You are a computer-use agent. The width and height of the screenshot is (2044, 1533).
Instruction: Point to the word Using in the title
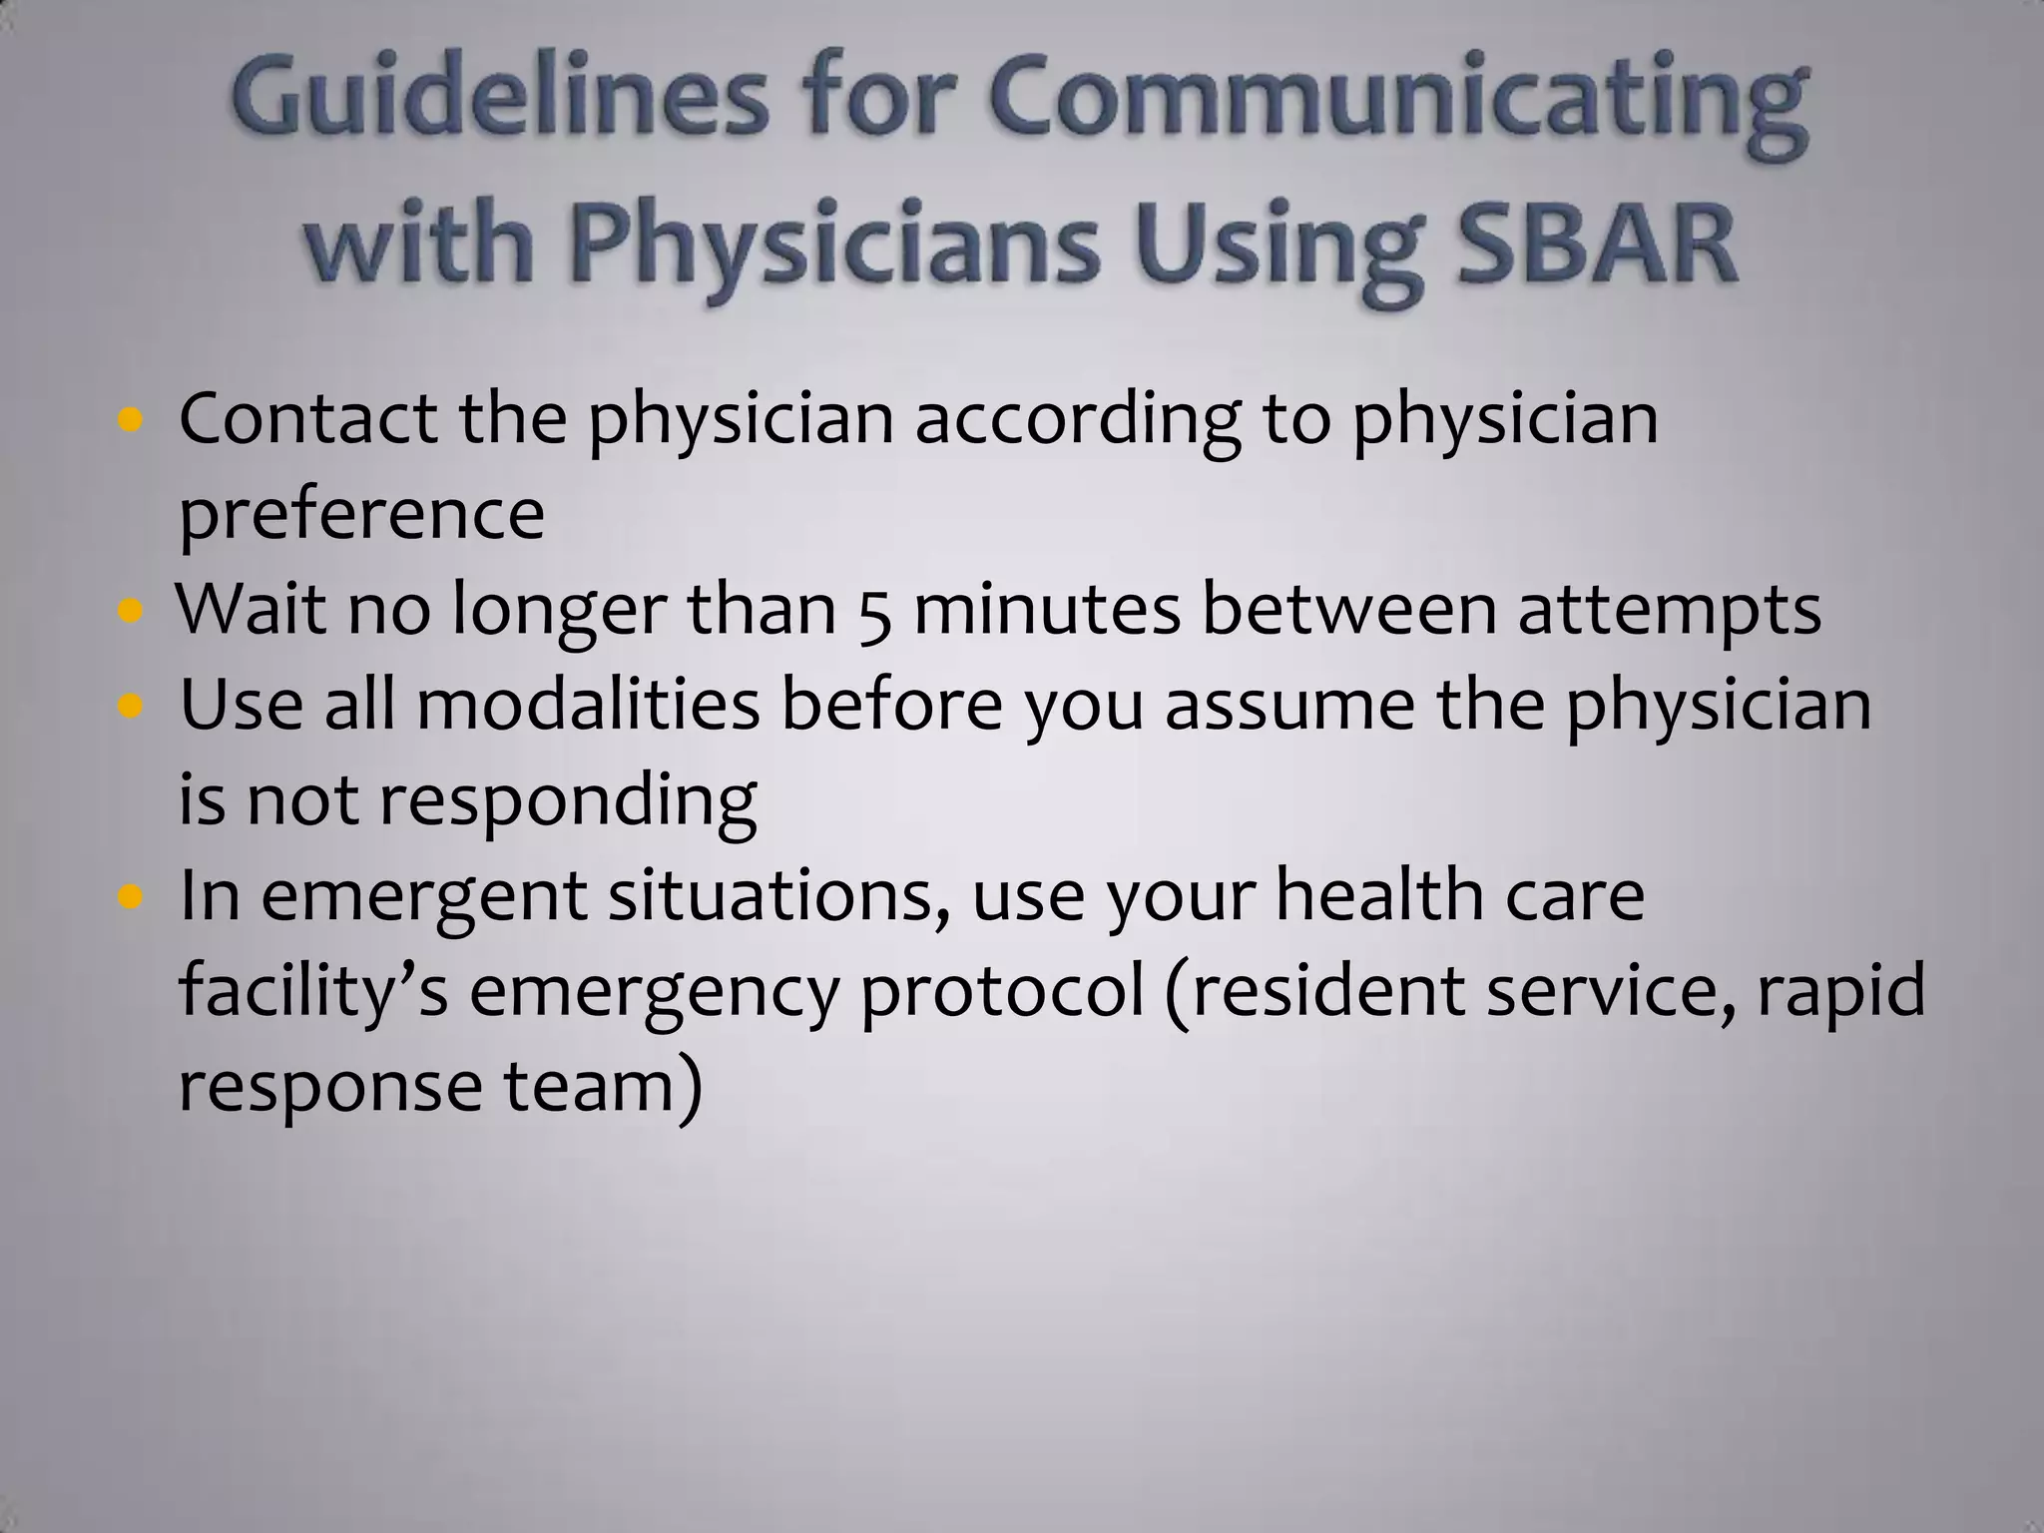click(1277, 250)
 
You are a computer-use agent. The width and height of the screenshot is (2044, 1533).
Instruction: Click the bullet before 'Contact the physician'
click(130, 420)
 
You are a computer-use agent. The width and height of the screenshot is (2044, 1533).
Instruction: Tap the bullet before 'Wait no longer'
click(130, 611)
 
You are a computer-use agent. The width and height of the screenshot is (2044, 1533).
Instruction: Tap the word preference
click(361, 516)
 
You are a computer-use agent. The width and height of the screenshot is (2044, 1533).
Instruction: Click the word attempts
click(1669, 611)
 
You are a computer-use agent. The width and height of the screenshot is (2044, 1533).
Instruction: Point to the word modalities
click(588, 705)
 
